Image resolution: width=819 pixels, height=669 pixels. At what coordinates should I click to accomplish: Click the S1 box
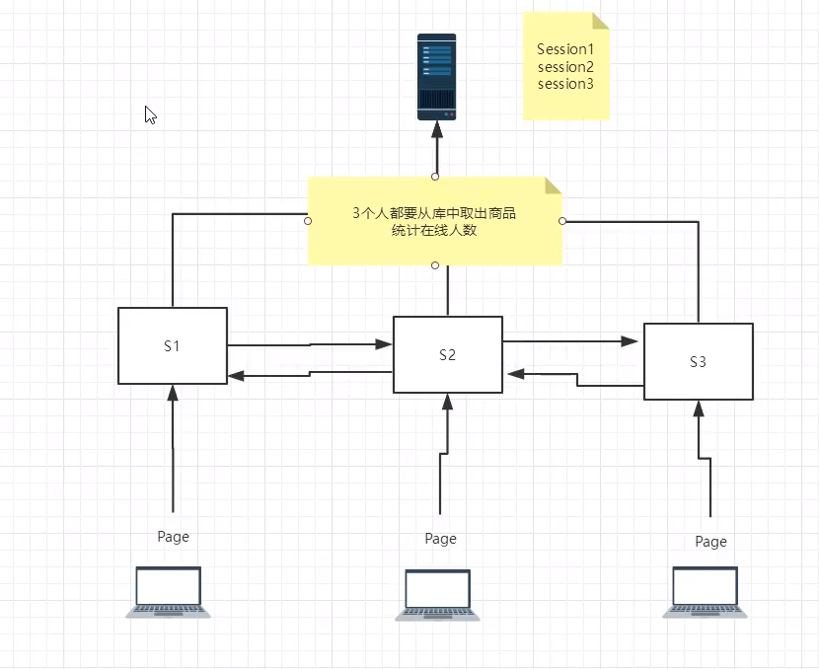point(173,345)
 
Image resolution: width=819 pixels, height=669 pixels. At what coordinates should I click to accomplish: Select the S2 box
point(448,354)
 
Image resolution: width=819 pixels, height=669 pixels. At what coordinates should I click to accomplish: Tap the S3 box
point(698,361)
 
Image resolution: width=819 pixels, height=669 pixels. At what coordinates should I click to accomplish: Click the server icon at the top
point(436,77)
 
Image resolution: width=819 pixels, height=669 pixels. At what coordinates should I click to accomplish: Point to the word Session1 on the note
point(565,48)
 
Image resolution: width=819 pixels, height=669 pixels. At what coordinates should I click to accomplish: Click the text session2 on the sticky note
point(565,66)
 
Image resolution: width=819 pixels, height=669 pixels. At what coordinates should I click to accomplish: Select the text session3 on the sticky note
point(565,84)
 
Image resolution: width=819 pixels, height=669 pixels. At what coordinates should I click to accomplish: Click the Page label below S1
point(173,537)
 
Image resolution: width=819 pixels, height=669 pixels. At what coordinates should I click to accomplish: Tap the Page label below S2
point(440,539)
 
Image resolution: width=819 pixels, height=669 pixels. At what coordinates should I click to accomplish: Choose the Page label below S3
point(710,542)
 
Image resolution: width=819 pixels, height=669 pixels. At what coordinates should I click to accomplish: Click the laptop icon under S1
point(169,592)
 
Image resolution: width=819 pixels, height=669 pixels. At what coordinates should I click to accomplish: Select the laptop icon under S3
point(705,592)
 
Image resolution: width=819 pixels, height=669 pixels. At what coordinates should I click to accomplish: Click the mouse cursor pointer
point(150,114)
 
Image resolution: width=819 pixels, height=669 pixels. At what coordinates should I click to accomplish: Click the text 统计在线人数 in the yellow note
point(434,231)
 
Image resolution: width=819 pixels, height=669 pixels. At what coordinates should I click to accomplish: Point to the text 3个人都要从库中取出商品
point(434,213)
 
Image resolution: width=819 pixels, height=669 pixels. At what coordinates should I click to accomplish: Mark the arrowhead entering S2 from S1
point(385,344)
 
